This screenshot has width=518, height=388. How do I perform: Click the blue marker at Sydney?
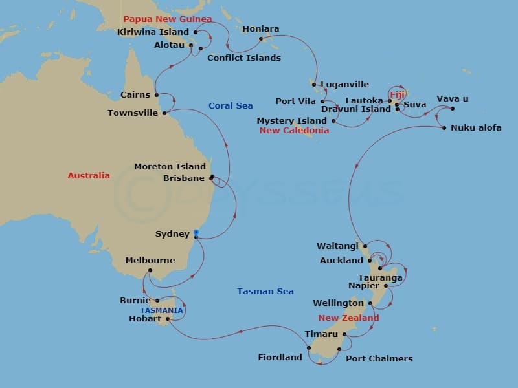tap(196, 232)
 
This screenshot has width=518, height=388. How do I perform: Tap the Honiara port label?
tap(260, 29)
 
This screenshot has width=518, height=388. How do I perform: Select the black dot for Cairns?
tap(157, 94)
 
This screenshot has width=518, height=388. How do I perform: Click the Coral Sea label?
tap(231, 105)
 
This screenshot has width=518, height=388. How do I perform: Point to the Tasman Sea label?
tap(265, 292)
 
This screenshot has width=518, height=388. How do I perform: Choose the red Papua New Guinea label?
tap(167, 19)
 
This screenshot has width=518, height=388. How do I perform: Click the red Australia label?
tap(89, 175)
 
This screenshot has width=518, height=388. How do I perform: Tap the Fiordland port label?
tap(280, 357)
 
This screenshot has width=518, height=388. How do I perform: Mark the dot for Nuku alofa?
tap(444, 128)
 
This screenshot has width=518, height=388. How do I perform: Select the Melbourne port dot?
tap(150, 271)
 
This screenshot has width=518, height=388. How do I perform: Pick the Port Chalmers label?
tap(379, 358)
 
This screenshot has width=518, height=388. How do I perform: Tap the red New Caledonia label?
tap(294, 131)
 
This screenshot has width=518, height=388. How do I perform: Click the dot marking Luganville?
tap(313, 84)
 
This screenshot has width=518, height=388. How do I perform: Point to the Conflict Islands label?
tap(243, 58)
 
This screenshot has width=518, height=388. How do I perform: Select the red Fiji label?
tap(397, 94)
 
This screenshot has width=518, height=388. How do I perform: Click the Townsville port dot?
tap(164, 113)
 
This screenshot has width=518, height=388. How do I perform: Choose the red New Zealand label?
tap(348, 318)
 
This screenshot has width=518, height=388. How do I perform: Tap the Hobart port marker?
tap(168, 318)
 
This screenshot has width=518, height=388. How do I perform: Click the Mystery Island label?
tap(291, 121)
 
